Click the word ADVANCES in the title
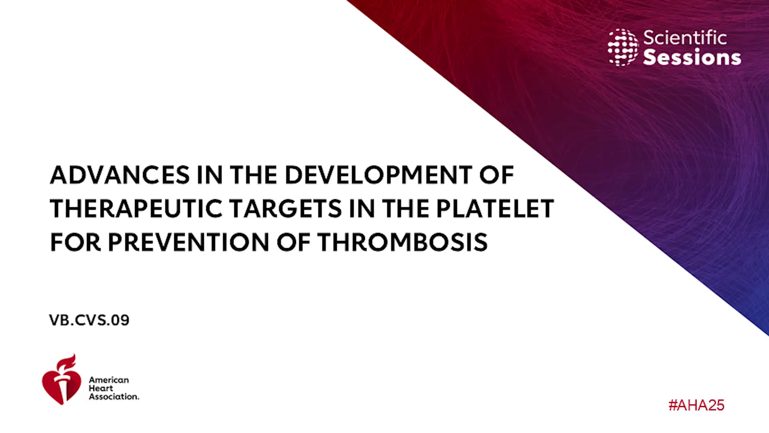tap(120, 175)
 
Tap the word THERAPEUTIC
tap(136, 208)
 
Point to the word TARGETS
tap(285, 208)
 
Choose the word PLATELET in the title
tap(495, 208)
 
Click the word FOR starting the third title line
tap(75, 242)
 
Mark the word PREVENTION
tap(189, 242)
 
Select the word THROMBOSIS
tap(403, 242)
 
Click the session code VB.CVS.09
tap(89, 320)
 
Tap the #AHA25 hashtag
tap(697, 405)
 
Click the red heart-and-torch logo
tap(61, 380)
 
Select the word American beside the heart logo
tap(109, 380)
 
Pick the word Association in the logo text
tap(114, 397)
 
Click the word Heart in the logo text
tap(101, 388)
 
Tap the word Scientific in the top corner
tap(685, 38)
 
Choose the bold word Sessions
tap(692, 57)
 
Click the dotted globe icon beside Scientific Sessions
tap(623, 47)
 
